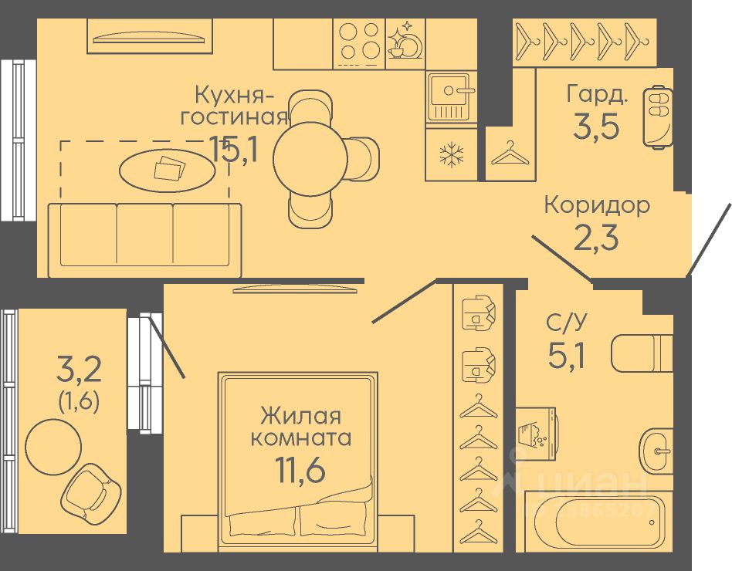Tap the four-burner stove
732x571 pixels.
coord(358,41)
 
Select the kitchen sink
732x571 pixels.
coord(452,96)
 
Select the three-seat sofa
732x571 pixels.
coord(144,239)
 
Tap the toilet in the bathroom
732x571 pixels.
coord(642,353)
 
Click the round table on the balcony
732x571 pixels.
coord(53,446)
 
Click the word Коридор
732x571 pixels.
coord(596,205)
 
